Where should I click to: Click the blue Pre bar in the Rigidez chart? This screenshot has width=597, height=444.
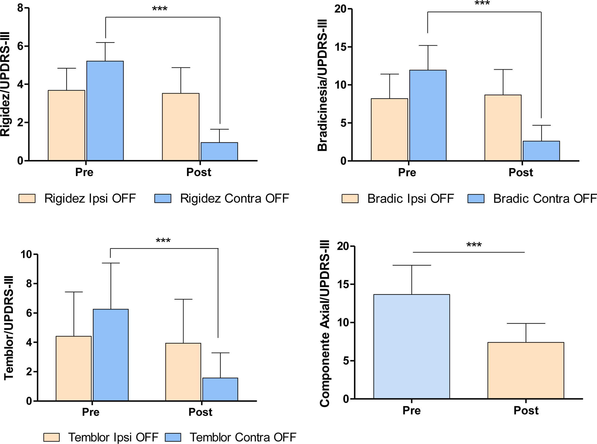coord(105,111)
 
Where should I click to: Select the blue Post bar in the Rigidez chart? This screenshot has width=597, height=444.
coord(219,151)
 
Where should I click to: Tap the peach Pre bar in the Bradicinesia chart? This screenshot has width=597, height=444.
coord(389,129)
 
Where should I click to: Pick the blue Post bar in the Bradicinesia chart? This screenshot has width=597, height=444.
coord(541,151)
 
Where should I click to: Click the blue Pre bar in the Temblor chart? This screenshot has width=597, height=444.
coord(111,355)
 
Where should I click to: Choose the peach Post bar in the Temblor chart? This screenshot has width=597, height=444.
coord(183,372)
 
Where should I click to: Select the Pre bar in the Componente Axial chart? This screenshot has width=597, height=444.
coord(411,346)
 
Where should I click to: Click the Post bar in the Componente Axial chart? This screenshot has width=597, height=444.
coord(526,370)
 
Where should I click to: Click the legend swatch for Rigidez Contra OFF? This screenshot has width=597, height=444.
coord(162,198)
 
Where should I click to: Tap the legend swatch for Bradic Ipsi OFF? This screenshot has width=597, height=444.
coord(350,199)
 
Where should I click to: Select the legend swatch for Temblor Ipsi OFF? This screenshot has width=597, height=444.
coord(51,437)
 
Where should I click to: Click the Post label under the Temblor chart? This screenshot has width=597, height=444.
coord(200,412)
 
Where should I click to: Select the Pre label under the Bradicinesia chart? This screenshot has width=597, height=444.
coord(407,172)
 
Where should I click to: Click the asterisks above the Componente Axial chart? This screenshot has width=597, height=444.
coord(474,245)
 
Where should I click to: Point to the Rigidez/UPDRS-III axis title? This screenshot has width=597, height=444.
coord(5,84)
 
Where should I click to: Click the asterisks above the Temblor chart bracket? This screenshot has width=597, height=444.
coord(163,240)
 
